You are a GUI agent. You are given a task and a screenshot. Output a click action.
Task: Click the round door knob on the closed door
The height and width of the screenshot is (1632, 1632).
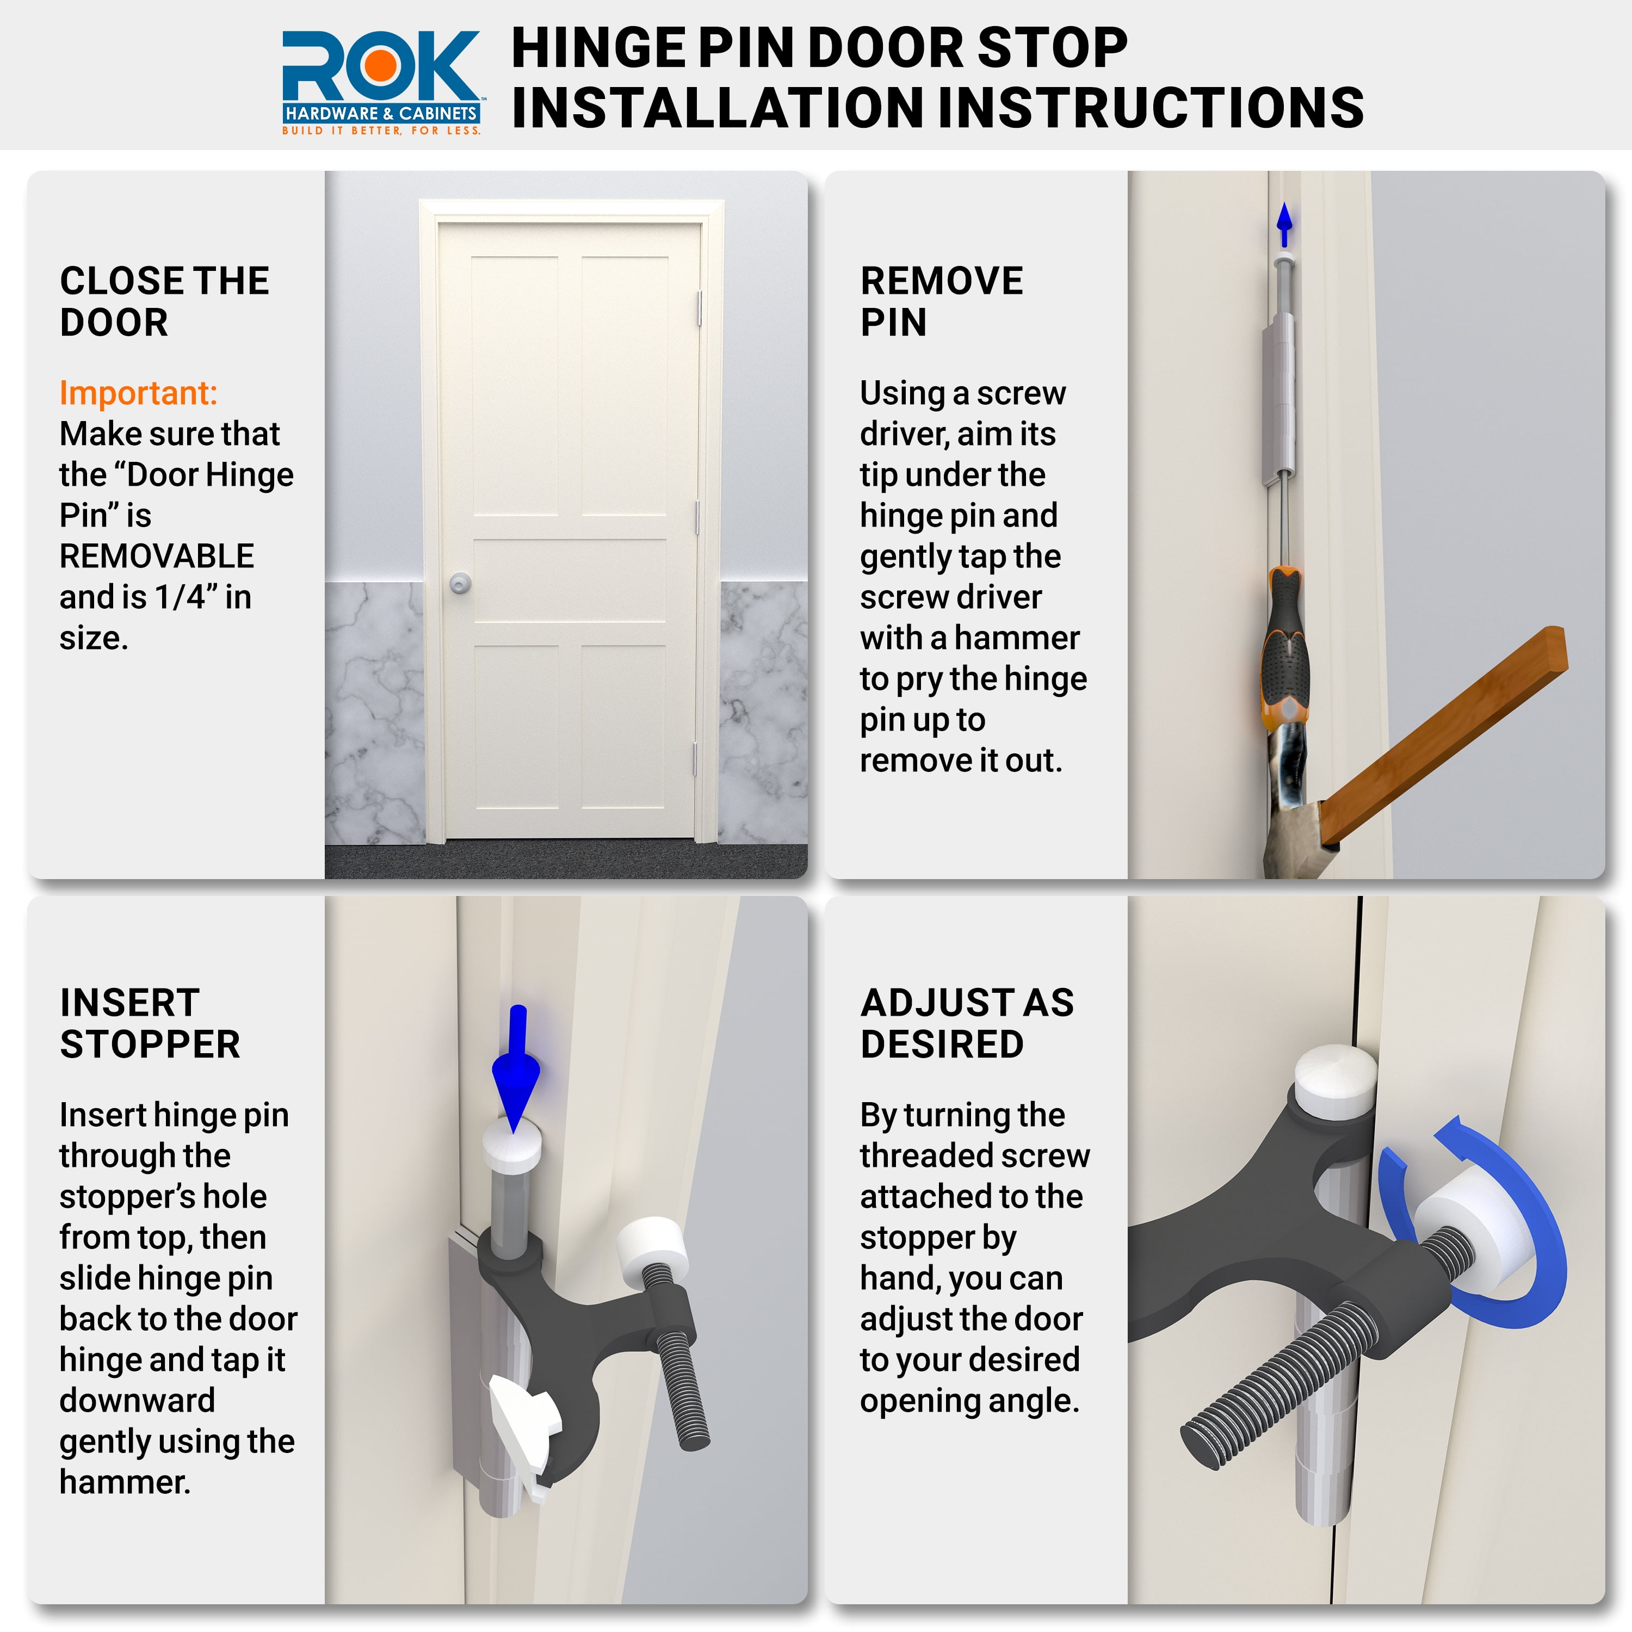[x=460, y=583]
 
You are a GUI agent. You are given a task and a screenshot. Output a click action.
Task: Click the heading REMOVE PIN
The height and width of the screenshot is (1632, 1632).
[x=941, y=301]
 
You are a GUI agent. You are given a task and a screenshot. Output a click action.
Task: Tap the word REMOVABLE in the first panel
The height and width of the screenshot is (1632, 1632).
[x=156, y=557]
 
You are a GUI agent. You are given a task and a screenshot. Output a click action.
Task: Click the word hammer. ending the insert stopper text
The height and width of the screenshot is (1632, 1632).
[x=125, y=1482]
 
